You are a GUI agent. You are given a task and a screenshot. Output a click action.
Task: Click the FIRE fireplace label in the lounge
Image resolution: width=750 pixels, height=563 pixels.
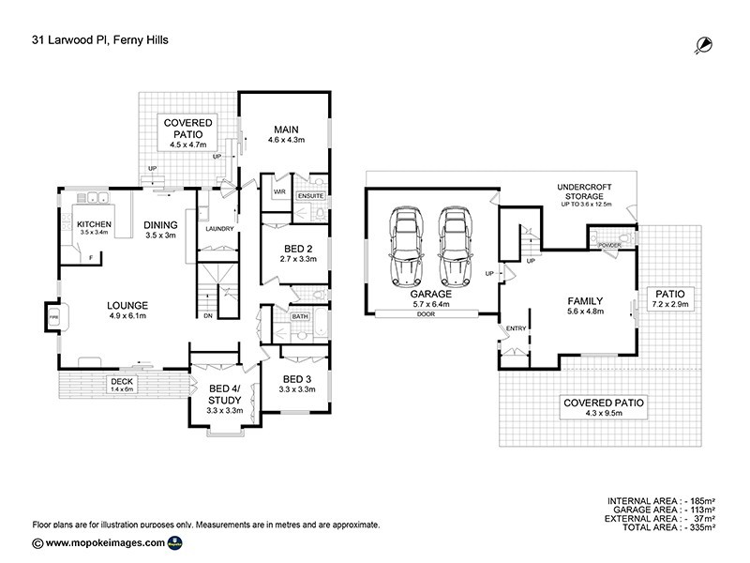52,319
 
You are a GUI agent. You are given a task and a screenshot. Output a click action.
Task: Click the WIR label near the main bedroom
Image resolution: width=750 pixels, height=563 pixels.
278,191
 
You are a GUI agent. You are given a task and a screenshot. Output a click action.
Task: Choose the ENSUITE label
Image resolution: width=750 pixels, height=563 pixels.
309,195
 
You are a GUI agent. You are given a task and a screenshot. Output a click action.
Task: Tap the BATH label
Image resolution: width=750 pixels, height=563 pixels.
299,316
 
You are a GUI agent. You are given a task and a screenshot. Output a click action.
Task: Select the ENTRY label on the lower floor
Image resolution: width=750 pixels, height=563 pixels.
517,327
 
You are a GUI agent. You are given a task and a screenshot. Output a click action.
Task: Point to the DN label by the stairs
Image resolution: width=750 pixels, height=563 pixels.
207,315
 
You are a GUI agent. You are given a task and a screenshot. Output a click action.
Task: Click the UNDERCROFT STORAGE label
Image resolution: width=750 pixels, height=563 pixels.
584,191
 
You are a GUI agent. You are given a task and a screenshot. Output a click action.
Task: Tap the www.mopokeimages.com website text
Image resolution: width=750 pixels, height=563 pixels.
105,542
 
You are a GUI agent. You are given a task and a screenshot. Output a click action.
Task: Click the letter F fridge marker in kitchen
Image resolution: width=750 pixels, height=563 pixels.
91,255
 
